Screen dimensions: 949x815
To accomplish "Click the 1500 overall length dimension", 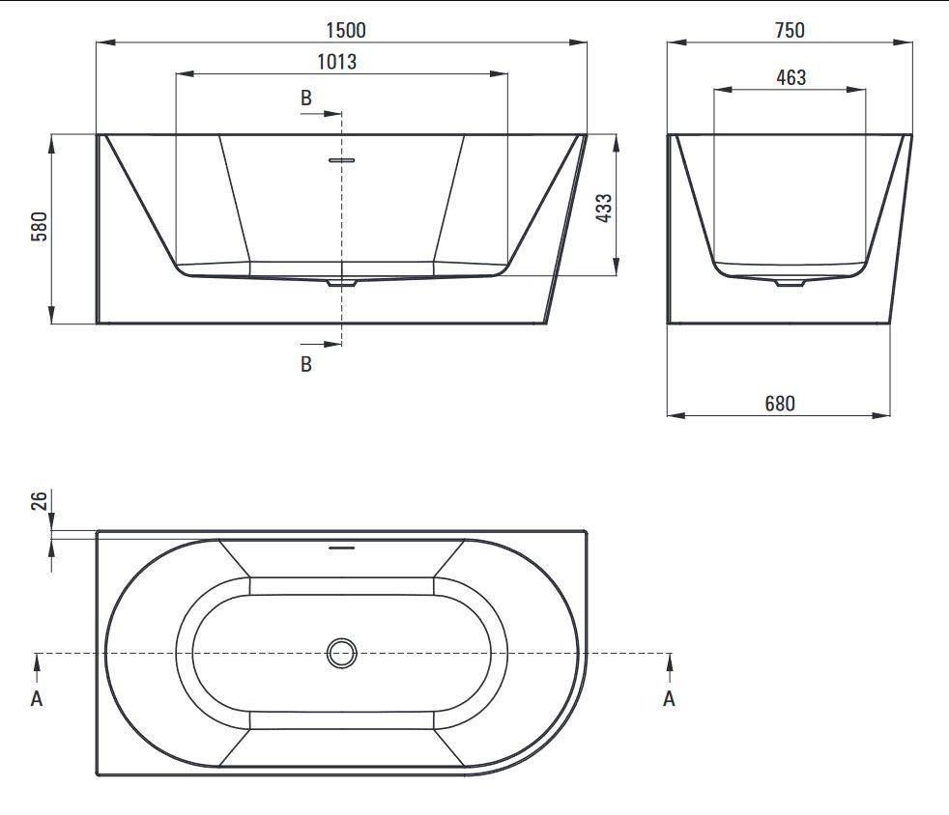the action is coord(346,30).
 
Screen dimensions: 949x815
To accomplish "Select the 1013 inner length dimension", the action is coord(336,62).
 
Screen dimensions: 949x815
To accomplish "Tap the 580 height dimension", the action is coord(39,227).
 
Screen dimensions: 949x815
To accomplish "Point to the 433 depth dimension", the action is coord(604,208).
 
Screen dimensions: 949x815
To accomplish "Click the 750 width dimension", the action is coord(790,30).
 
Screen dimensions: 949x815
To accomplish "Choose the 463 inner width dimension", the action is coord(791,77).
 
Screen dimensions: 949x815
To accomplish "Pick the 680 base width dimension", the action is coord(780,404).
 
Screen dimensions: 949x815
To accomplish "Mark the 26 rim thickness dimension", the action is coord(39,500).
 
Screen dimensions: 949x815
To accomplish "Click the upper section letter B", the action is coord(306,98).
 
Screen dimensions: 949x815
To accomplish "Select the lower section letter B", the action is coord(306,364).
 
